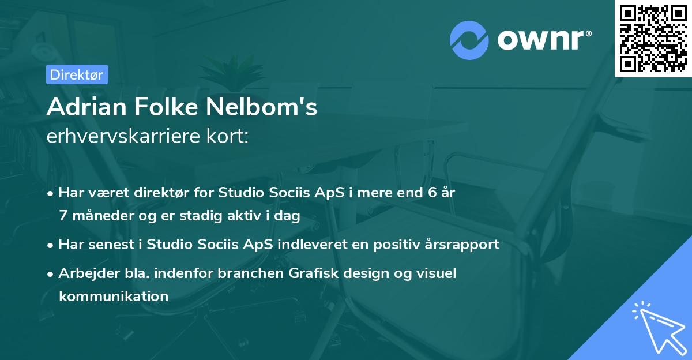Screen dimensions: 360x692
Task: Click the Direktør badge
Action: pos(76,74)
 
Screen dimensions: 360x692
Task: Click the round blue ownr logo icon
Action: pos(469,40)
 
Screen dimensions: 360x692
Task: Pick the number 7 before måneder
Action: pos(63,216)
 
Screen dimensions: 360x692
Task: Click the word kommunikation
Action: pos(113,297)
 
